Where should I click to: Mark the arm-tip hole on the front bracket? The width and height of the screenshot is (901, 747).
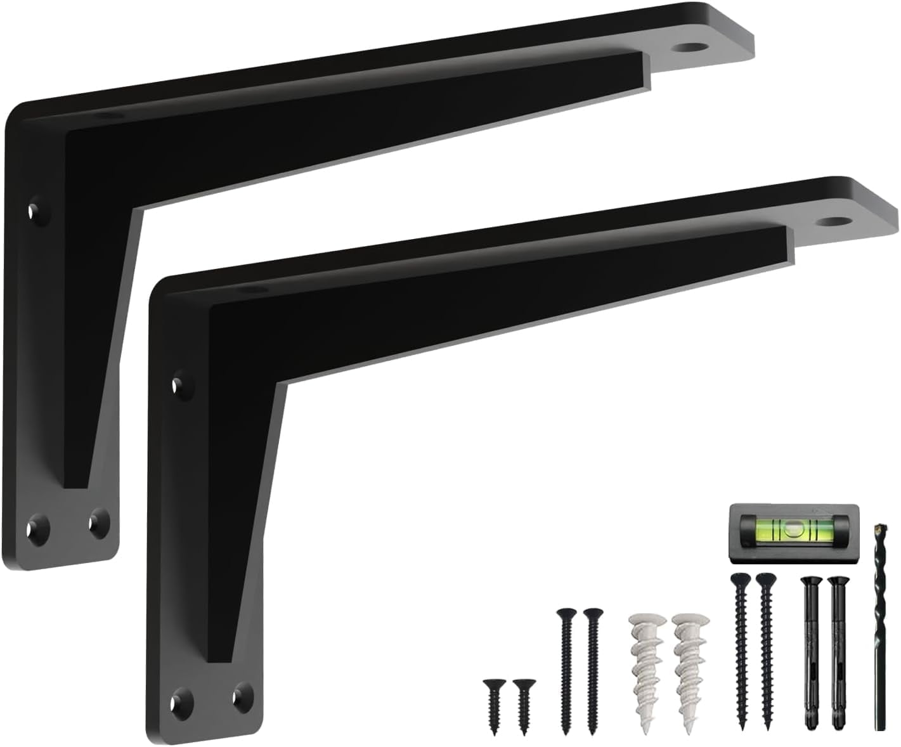coord(833,222)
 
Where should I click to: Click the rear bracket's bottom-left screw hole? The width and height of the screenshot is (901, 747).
coord(37,526)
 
